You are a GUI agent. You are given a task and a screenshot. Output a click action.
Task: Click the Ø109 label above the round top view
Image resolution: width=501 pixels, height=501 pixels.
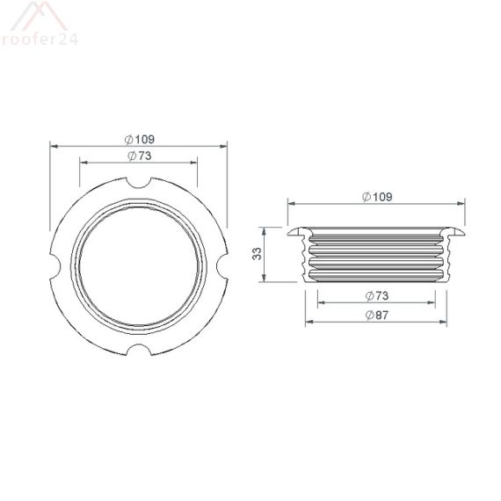141,139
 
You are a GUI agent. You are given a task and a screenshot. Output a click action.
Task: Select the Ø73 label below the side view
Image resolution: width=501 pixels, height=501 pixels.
375,295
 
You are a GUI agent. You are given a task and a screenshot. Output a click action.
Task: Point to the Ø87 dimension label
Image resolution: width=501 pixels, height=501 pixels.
375,316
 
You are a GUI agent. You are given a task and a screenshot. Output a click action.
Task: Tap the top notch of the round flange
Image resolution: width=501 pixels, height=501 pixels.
139,183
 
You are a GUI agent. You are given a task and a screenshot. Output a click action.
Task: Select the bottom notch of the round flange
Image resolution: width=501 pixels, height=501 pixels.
139,350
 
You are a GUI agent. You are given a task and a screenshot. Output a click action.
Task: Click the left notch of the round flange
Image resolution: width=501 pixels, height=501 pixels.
55,266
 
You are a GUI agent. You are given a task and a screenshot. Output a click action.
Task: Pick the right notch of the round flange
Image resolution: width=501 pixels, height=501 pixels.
222,266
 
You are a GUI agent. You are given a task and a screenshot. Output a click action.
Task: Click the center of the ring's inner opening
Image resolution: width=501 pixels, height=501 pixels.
139,266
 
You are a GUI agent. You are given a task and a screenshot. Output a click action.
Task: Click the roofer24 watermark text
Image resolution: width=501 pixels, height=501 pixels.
39,38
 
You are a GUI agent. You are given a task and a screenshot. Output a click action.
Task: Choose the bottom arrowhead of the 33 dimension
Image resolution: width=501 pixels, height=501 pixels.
268,280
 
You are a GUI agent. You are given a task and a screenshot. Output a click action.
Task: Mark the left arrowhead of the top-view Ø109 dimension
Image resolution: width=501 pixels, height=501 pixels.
54,146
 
